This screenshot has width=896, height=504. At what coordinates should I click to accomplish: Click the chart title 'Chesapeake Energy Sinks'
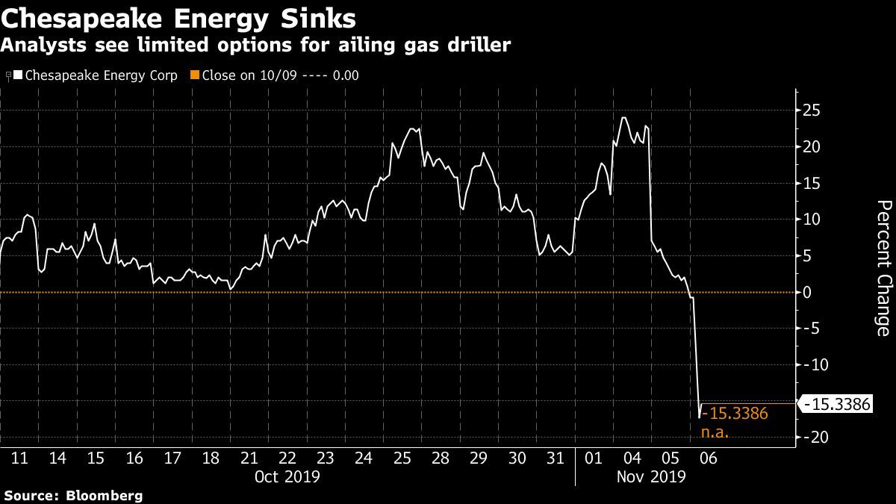178,19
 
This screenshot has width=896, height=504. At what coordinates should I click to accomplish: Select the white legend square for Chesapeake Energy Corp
18,75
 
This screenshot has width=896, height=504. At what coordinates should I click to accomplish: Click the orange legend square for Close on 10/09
195,75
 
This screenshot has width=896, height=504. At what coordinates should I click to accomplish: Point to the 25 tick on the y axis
811,111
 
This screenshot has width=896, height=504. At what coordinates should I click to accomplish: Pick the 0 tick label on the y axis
807,293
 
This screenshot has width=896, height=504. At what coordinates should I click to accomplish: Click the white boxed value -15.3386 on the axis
837,404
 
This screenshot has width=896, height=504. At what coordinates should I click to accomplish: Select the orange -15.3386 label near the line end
735,413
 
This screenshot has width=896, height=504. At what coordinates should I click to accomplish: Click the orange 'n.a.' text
715,432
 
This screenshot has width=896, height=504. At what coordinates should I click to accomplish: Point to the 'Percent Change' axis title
884,268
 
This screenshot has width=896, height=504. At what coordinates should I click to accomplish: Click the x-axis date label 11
19,458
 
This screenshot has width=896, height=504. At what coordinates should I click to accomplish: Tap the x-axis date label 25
402,458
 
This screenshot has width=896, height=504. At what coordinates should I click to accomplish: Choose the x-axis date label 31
556,458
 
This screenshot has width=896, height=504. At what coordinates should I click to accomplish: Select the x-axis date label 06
709,458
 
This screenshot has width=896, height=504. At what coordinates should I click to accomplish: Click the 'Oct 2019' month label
287,477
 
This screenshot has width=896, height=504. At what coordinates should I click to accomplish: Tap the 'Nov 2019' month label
651,477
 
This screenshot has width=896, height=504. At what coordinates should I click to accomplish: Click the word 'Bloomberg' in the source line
104,496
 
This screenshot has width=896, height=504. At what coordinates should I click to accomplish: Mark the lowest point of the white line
699,418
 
